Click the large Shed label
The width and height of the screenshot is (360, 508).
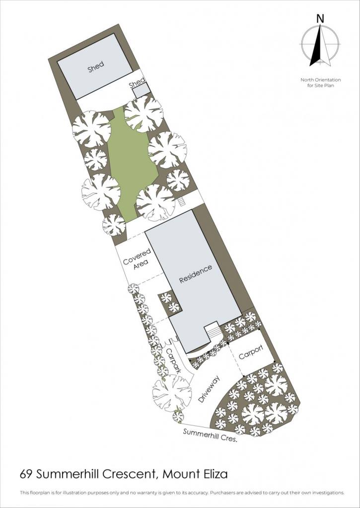tap(96, 67)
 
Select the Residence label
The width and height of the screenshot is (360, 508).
tap(196, 274)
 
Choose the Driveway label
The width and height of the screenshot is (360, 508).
tap(209, 389)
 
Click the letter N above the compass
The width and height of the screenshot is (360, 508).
tap(320, 19)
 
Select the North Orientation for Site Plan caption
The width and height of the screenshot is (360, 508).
tap(320, 83)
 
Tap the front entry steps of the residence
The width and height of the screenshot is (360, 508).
tap(213, 331)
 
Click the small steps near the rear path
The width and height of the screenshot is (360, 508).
tap(181, 202)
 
